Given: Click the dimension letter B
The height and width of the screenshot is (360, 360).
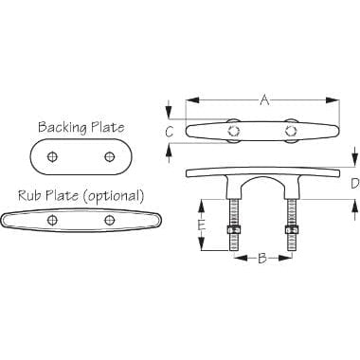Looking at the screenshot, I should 261,257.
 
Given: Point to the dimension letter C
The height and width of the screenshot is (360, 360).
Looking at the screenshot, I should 169,132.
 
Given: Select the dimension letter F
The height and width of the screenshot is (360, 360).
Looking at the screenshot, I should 200,225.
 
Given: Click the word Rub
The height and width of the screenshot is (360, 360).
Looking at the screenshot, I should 30,196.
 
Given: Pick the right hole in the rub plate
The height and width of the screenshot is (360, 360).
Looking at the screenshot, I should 111,222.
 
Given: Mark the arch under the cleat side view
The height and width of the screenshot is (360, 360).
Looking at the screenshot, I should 261,185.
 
